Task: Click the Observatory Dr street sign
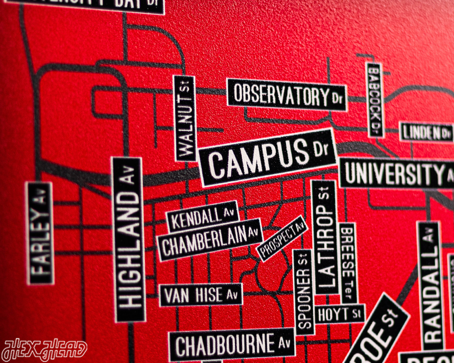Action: pos(286,95)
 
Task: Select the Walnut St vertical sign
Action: pos(185,118)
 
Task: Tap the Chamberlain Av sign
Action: pos(209,239)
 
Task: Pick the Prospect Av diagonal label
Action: pos(282,238)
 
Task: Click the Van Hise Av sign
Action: pos(200,295)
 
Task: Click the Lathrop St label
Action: pos(324,237)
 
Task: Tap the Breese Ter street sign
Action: pos(347,264)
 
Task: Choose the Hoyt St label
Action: pos(339,313)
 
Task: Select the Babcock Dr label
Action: pos(374,100)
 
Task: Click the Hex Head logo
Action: pos(44,351)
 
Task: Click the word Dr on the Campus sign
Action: pos(319,149)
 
